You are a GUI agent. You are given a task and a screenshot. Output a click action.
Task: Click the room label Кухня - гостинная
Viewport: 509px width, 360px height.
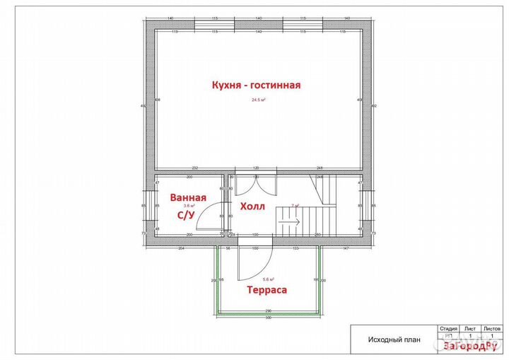pyautogui.click(x=257, y=85)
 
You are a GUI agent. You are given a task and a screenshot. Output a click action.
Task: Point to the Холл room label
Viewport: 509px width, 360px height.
pyautogui.click(x=252, y=207)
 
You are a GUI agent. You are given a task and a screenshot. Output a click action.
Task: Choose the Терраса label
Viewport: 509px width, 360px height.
pyautogui.click(x=267, y=289)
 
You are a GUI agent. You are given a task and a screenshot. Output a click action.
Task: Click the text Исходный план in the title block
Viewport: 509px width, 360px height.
pyautogui.click(x=394, y=339)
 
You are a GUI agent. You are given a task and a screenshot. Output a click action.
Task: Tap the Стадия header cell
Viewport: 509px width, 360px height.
pyautogui.click(x=448, y=329)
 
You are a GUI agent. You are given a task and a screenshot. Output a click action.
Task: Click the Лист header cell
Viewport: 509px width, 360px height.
pyautogui.click(x=469, y=329)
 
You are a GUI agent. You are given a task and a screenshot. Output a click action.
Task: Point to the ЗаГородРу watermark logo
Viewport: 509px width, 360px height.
pyautogui.click(x=469, y=347)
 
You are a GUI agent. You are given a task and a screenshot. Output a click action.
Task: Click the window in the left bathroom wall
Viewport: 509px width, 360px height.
pyautogui.click(x=150, y=207)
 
